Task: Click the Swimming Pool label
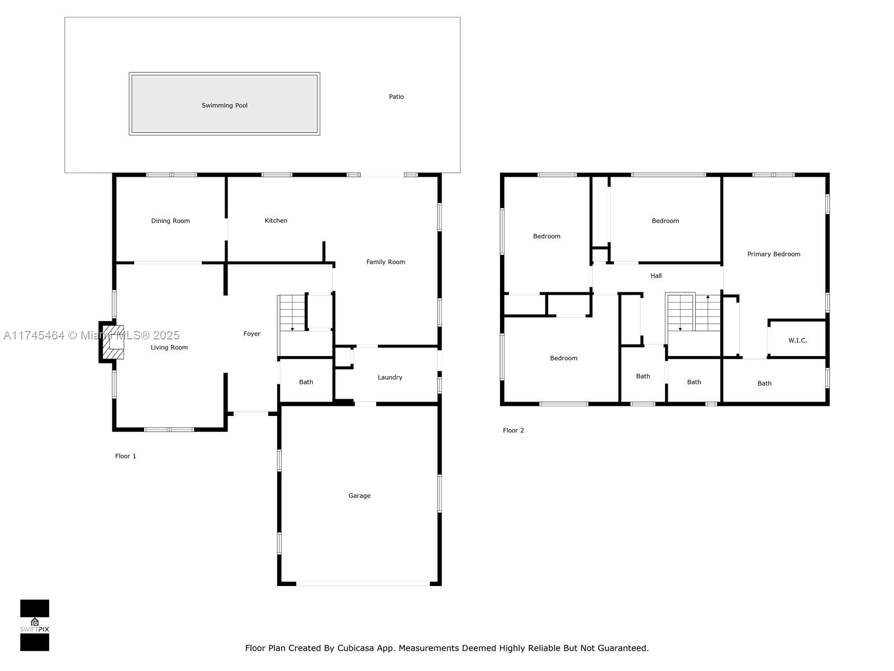224,105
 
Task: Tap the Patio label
396,97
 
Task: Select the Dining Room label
170,221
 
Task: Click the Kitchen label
276,221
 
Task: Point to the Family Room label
386,262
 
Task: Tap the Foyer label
252,334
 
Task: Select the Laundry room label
390,377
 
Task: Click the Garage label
359,496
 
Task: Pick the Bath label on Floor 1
306,382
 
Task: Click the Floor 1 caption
126,456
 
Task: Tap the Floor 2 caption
513,431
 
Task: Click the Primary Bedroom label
774,254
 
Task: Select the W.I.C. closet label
797,341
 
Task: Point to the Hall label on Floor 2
656,276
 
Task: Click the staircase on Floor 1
292,313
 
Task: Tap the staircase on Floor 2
693,313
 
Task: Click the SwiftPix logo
35,625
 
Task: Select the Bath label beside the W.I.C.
764,384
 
